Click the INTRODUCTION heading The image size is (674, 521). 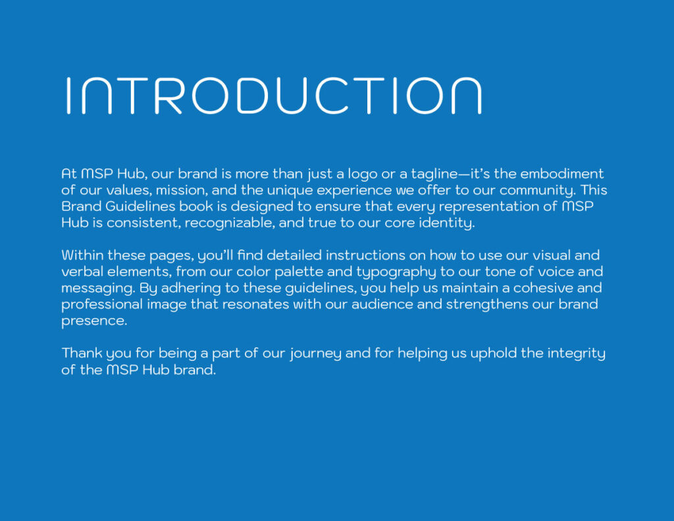273,96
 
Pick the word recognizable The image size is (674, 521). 228,224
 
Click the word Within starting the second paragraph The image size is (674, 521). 83,256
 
